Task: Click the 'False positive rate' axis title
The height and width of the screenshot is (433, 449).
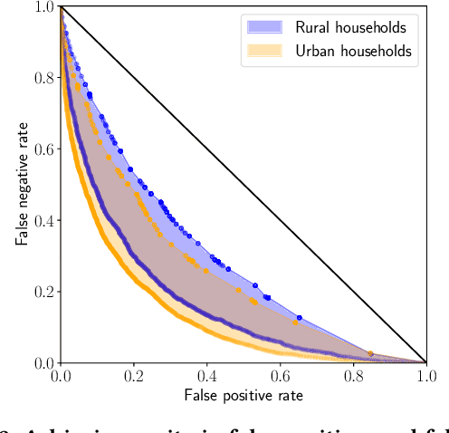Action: (243, 396)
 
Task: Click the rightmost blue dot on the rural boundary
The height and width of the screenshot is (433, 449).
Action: (299, 317)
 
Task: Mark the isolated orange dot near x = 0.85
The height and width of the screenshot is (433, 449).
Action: (369, 353)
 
